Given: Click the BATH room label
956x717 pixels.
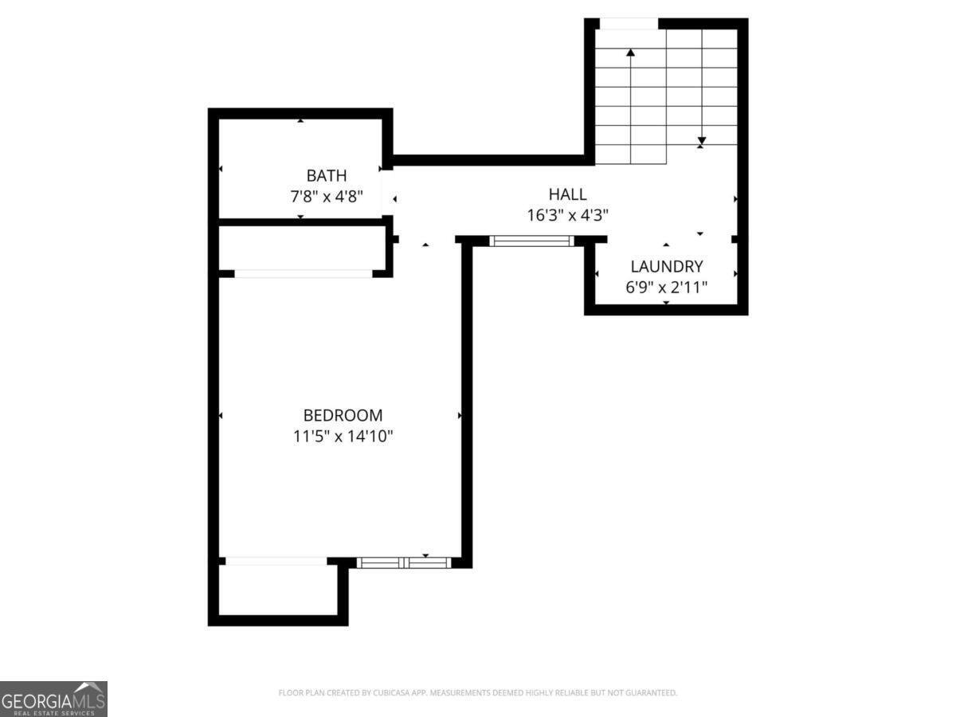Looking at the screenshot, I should point(327,175).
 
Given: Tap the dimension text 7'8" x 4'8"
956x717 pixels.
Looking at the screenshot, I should point(327,196).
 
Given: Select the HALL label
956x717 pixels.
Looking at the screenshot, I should point(567,194).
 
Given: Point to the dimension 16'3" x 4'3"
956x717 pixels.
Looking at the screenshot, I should point(567,214).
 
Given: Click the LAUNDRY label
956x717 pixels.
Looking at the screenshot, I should point(667,267).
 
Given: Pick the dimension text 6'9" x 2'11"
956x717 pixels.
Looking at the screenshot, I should point(667,288).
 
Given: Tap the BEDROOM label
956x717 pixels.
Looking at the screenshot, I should point(343,415).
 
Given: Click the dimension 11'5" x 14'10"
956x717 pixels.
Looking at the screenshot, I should point(343,437).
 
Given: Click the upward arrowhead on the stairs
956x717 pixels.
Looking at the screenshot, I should point(631,53).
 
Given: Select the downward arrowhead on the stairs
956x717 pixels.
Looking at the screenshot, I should point(701,141).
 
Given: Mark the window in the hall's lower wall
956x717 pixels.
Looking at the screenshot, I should point(531,240).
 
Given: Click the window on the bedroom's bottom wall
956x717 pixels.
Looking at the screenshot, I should point(404,562).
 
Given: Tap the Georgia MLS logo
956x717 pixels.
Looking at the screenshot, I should point(53,699).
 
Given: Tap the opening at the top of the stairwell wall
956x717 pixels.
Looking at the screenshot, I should point(629,22).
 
